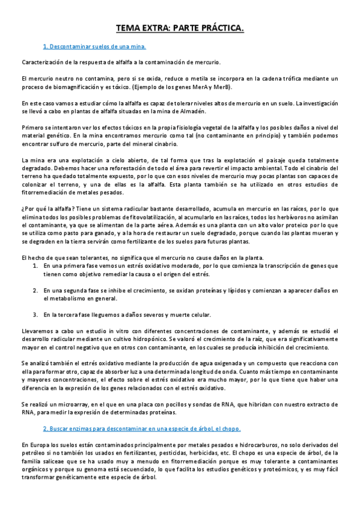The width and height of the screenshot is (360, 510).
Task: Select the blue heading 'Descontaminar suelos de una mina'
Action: (95, 46)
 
